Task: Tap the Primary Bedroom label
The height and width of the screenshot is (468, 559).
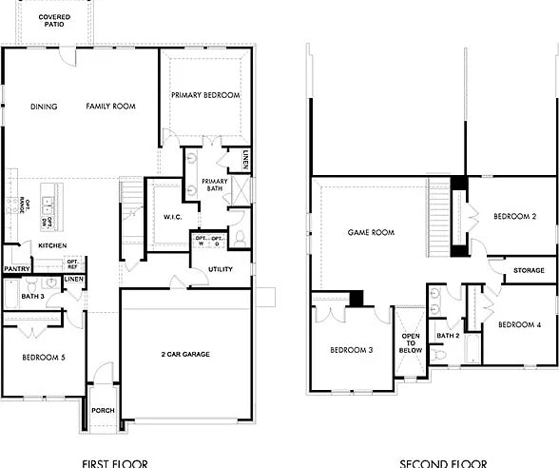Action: [205, 95]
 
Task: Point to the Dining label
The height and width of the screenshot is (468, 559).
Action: [44, 107]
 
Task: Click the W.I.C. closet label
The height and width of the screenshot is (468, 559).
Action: [172, 217]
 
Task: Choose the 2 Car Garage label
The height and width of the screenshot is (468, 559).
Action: [185, 354]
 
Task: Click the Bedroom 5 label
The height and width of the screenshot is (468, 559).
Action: [43, 358]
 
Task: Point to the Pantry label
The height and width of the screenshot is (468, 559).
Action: [16, 269]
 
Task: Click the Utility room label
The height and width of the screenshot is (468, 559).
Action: [221, 269]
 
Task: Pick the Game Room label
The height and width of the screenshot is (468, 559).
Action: [371, 232]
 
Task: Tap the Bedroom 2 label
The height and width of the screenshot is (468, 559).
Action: [516, 217]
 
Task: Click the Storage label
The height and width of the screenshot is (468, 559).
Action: [529, 270]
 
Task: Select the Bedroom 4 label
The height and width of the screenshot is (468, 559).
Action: [519, 325]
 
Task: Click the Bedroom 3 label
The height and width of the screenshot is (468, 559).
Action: [351, 350]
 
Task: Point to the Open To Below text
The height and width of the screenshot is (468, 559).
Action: [411, 342]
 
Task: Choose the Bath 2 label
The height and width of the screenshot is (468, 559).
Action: [449, 336]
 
